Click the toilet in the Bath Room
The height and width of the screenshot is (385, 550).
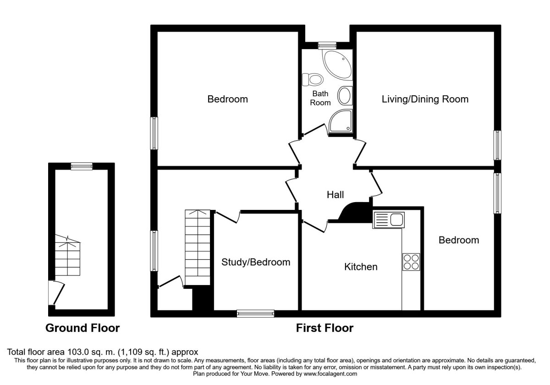click(312, 80)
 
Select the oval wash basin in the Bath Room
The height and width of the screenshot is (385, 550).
click(345, 96)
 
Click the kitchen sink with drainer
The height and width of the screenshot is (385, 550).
click(389, 220)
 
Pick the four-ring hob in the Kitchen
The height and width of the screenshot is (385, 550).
click(411, 262)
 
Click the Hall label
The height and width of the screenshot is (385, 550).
click(335, 195)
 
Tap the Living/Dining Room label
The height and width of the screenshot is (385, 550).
click(425, 99)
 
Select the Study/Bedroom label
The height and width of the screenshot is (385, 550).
click(256, 262)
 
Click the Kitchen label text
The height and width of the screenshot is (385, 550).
click(361, 267)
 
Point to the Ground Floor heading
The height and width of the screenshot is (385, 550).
click(82, 328)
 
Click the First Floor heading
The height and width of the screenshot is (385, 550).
click(324, 328)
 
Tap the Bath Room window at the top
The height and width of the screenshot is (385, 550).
click(327, 45)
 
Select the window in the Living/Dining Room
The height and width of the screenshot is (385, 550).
click(497, 145)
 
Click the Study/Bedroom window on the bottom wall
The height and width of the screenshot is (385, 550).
click(256, 313)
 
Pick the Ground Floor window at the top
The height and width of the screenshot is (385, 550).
click(82, 166)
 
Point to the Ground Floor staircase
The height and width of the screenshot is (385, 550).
click(67, 255)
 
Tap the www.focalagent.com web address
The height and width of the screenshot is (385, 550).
click(330, 374)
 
